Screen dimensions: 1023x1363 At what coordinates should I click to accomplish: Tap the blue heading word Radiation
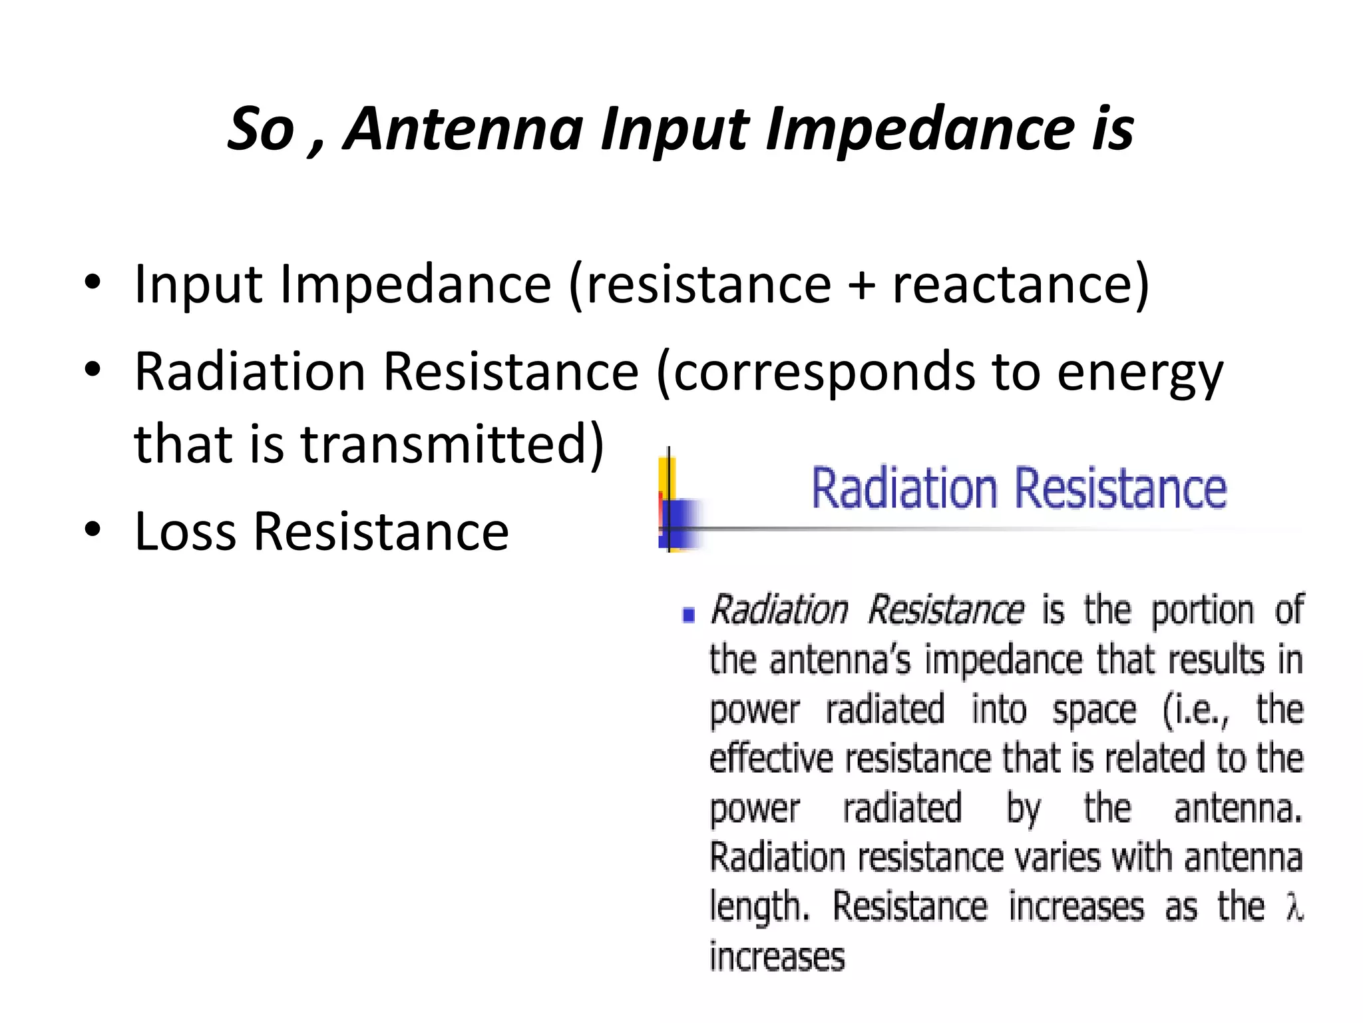[904, 489]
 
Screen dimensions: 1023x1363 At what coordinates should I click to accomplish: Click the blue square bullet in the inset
[689, 614]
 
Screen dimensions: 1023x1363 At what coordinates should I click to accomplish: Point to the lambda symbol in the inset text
[1294, 907]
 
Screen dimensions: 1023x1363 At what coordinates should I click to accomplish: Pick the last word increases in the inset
[777, 957]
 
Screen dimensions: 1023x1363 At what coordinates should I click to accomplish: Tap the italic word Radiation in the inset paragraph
[779, 610]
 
